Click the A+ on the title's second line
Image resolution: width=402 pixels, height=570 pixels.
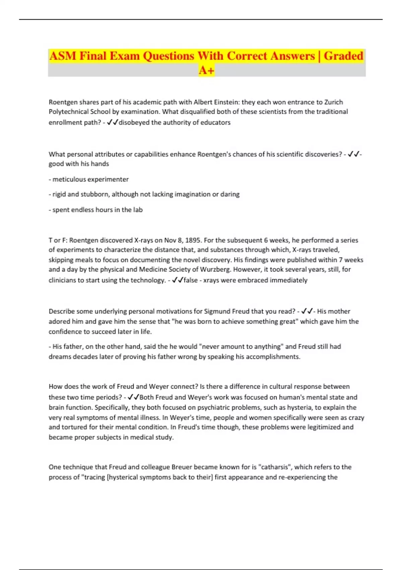206,70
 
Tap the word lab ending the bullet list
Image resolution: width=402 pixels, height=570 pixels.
138,210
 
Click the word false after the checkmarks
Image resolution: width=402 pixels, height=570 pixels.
190,280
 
